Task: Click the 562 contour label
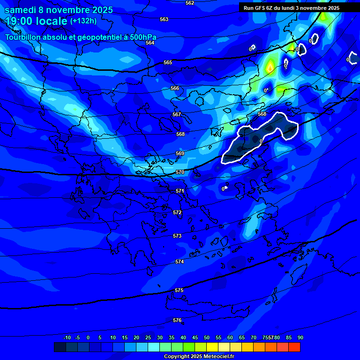point(189,3)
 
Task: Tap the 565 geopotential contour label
point(168,63)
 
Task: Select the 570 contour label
point(180,172)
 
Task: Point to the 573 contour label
point(177,236)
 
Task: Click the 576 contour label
point(177,321)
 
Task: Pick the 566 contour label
point(175,89)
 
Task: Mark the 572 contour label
point(177,213)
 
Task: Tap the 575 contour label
point(179,291)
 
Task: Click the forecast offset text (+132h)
point(83,21)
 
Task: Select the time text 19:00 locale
point(36,22)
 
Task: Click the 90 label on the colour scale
point(300,338)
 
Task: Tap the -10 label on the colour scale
point(67,338)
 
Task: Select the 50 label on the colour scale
point(206,338)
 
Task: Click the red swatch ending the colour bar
point(294,347)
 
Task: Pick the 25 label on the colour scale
point(148,338)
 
